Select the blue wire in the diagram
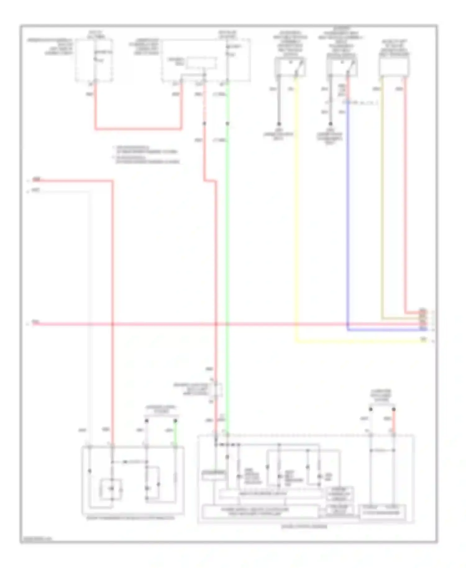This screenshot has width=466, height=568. [x=348, y=218]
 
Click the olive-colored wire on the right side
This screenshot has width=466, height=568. [x=382, y=202]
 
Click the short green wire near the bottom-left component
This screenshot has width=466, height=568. [x=175, y=433]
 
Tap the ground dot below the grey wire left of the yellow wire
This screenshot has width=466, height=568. [x=279, y=124]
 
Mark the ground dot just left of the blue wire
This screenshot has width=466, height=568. [x=331, y=124]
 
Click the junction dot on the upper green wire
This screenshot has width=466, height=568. [x=227, y=124]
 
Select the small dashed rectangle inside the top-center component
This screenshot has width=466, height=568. [x=201, y=63]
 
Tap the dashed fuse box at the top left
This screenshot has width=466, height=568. [x=94, y=61]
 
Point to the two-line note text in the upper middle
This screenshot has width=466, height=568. [x=146, y=154]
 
